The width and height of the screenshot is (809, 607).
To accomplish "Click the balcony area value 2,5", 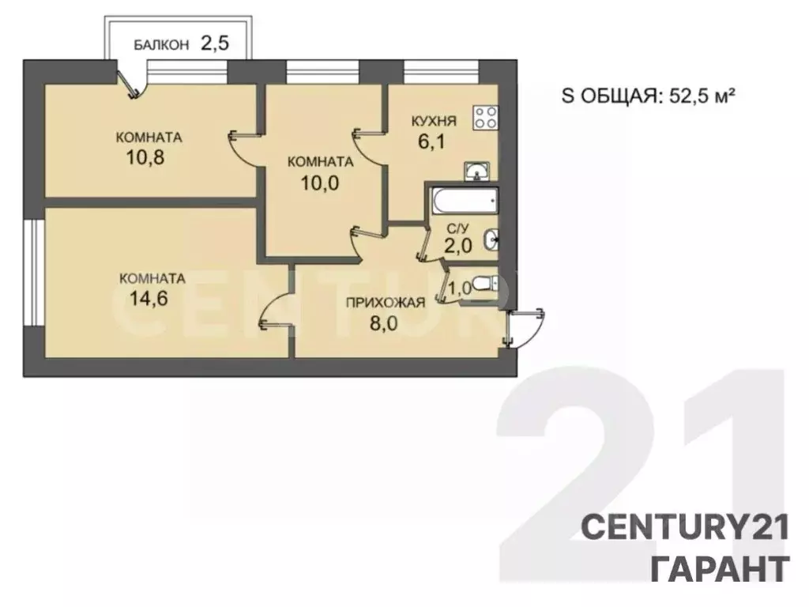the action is [x=214, y=43].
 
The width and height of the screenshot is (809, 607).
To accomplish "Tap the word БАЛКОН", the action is [x=161, y=45].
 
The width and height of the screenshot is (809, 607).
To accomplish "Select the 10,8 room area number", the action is [x=145, y=157].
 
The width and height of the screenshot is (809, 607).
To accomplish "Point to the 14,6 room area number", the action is [x=149, y=298].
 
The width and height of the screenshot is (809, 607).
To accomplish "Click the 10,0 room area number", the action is [x=320, y=183].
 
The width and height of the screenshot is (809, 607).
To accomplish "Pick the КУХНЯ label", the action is [x=434, y=121].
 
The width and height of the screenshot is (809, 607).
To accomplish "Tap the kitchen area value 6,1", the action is [x=431, y=141].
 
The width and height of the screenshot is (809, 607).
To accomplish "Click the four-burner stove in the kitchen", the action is [x=486, y=117].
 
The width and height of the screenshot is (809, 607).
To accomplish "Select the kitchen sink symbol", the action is [x=477, y=172].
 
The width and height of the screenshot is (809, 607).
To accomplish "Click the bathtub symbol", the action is [x=465, y=200].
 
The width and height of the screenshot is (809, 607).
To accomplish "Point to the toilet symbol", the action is [x=485, y=284].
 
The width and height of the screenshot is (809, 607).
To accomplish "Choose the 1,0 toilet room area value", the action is [x=460, y=288].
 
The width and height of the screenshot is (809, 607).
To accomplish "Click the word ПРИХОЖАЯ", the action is [x=386, y=303].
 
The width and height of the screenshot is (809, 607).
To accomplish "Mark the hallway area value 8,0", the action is [x=384, y=323].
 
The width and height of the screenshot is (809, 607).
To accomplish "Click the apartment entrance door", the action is [x=522, y=328].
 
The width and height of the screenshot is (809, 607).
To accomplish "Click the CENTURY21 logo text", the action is [x=685, y=528].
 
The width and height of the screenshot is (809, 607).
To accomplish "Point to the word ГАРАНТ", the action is [x=721, y=568].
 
